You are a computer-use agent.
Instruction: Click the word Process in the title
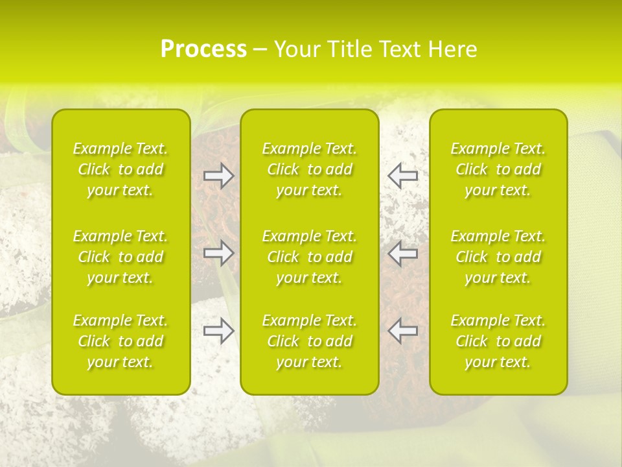[x=203, y=49]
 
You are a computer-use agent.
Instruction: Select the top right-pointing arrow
[x=218, y=175]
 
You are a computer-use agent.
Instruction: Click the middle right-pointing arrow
[x=218, y=253]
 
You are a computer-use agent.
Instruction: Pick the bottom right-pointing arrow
[x=218, y=331]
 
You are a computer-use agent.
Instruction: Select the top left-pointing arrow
[x=402, y=175]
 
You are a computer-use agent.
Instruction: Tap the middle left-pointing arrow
[x=402, y=253]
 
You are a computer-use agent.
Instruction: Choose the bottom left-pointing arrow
[x=402, y=331]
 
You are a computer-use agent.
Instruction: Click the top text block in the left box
[x=121, y=169]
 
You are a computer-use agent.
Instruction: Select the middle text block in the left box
[x=121, y=257]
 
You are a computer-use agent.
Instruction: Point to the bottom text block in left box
[x=121, y=341]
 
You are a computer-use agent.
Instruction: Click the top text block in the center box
[x=309, y=169]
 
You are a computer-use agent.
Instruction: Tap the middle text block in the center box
[x=309, y=257]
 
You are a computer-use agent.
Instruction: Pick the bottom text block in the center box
[x=309, y=341]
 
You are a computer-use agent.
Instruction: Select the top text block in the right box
[x=498, y=169]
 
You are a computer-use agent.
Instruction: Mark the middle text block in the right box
[x=498, y=257]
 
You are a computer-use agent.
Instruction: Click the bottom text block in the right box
[x=498, y=341]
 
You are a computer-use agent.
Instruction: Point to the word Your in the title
[x=295, y=49]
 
